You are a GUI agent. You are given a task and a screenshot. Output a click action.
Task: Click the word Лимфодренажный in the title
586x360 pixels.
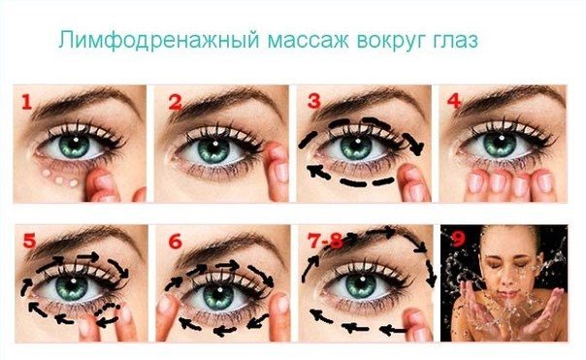[x=159, y=40]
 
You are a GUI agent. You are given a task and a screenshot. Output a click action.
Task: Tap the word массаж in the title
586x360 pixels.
[x=309, y=41]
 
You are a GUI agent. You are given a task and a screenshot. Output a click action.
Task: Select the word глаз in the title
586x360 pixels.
[x=454, y=41]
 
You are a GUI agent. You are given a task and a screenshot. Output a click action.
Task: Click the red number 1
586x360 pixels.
[x=26, y=102]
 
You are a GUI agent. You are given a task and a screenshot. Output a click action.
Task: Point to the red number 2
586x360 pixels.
[x=176, y=103]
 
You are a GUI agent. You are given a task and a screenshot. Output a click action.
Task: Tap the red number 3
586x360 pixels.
[x=314, y=101]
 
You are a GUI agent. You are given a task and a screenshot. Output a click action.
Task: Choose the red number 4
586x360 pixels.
[x=454, y=100]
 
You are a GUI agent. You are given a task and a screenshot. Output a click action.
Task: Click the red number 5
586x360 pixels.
[x=29, y=241]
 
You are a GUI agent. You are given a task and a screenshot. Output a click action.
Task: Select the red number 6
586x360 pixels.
[x=175, y=242]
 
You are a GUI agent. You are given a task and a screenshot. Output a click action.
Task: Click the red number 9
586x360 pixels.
[x=458, y=240]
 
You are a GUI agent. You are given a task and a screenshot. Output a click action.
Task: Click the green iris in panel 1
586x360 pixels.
[x=74, y=146]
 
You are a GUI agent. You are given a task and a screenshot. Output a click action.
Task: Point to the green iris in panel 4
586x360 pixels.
[x=500, y=146]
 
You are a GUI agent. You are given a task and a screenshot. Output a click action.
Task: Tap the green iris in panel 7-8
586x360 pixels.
[x=360, y=286]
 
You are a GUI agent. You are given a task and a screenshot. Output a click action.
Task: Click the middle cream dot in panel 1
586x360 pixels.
[x=59, y=180]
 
